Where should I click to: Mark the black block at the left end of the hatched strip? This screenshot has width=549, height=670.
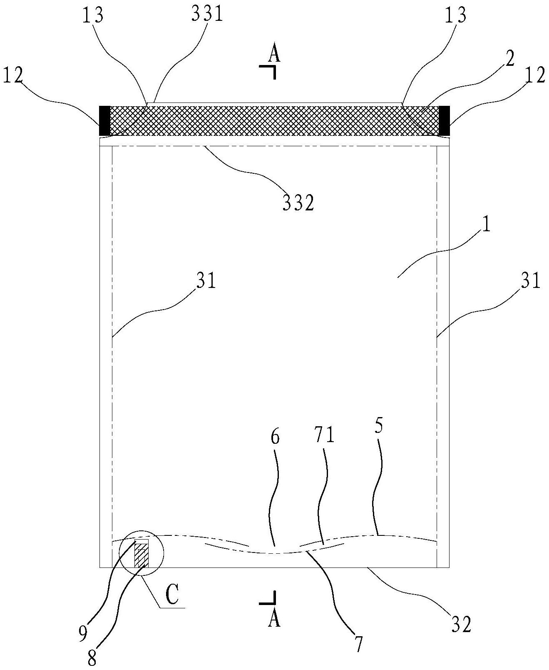(x=104, y=120)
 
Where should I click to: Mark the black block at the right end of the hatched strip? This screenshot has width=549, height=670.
(x=445, y=120)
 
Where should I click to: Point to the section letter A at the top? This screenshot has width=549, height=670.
(x=273, y=54)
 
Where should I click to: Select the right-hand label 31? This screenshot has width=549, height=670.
(x=531, y=281)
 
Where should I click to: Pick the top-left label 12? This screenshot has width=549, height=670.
(x=13, y=76)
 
